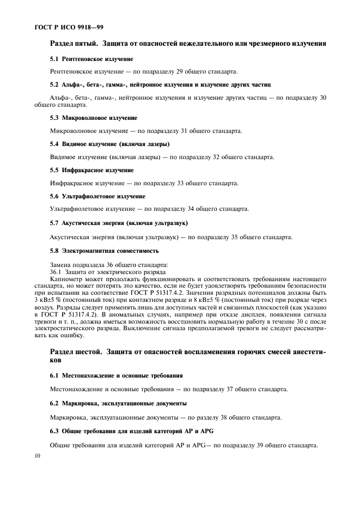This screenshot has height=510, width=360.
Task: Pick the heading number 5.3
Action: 54,118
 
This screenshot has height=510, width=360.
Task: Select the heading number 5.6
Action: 54,196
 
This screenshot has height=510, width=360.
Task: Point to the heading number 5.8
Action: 54,251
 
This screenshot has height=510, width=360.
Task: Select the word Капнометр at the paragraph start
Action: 68,278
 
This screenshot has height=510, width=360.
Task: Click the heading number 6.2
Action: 54,404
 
